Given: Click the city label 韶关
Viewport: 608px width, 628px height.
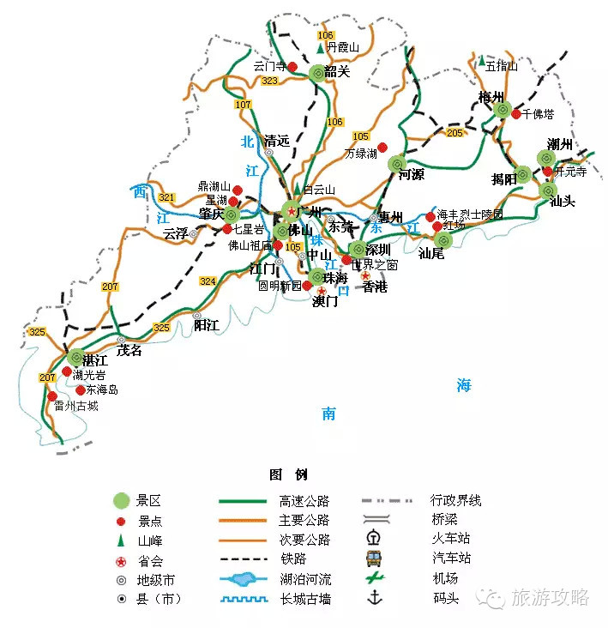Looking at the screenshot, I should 339,72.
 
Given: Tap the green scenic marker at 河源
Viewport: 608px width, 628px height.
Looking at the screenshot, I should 396,163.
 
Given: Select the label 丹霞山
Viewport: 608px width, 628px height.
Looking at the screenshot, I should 343,48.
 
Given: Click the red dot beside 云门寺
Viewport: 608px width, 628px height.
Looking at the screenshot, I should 292,66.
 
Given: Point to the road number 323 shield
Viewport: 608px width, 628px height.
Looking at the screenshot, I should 270,81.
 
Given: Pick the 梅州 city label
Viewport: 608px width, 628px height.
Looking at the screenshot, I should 492,97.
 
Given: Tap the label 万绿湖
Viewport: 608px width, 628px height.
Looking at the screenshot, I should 360,154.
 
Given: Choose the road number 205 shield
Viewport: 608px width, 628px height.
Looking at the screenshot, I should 454,133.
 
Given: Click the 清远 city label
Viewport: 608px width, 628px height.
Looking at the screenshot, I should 278,141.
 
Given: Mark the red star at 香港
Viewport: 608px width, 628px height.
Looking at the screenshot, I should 365,275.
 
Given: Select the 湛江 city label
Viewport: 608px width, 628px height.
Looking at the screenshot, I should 95,359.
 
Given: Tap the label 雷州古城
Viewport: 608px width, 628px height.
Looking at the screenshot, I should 75,406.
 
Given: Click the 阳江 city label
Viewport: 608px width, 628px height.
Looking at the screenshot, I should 207,325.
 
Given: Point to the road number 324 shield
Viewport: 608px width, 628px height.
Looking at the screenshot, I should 208,281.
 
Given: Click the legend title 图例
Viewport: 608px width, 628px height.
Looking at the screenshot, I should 288,474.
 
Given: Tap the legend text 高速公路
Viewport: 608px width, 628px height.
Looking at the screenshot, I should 304,501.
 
